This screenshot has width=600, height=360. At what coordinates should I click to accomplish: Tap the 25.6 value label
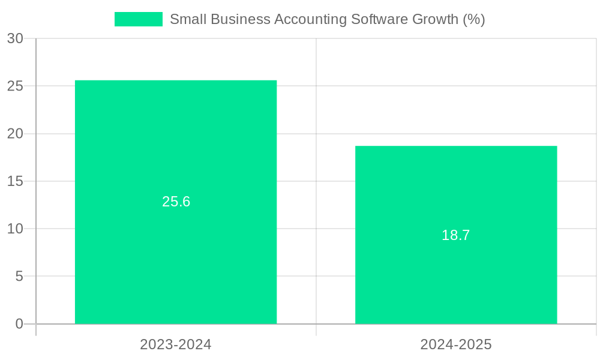[x=176, y=202]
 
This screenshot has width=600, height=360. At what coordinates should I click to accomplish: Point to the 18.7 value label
[x=456, y=235]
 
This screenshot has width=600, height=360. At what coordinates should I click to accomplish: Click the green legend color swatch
[x=138, y=19]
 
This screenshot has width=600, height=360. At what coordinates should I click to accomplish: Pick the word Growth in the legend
[x=434, y=19]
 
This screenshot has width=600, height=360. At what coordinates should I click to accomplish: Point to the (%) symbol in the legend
[x=473, y=19]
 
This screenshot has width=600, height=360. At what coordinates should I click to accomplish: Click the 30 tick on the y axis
[x=15, y=38]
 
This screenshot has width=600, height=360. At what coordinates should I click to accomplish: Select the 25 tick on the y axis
[x=15, y=86]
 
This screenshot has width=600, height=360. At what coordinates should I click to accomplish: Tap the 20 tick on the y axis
[x=15, y=134]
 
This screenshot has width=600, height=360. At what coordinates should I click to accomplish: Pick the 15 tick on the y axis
[x=15, y=181]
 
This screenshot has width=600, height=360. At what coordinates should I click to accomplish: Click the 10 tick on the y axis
[x=15, y=229]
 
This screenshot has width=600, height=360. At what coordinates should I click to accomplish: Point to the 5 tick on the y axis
[x=19, y=277]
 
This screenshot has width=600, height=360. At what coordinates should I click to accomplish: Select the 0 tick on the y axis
[x=19, y=324]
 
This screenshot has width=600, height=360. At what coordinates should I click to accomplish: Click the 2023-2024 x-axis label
[x=176, y=344]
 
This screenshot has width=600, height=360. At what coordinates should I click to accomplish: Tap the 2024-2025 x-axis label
[x=456, y=344]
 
